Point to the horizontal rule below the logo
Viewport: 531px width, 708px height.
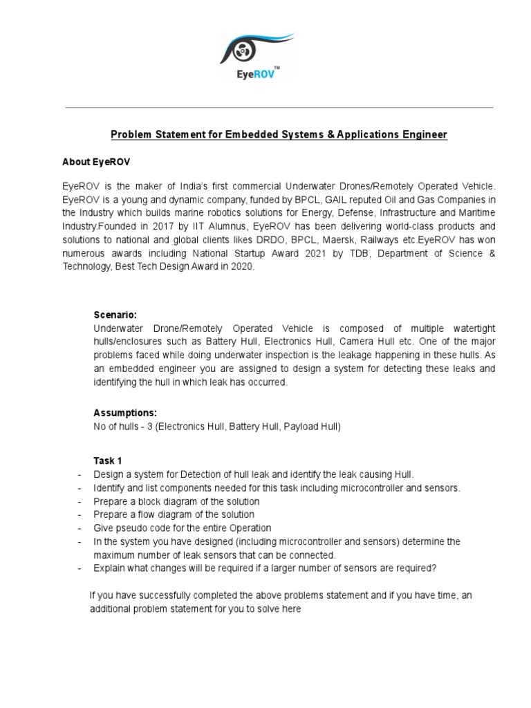pyautogui.click(x=279, y=108)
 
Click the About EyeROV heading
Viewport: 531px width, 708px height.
pyautogui.click(x=96, y=162)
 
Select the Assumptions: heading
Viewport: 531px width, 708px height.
pyautogui.click(x=125, y=413)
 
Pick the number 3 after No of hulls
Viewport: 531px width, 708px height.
pyautogui.click(x=147, y=427)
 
